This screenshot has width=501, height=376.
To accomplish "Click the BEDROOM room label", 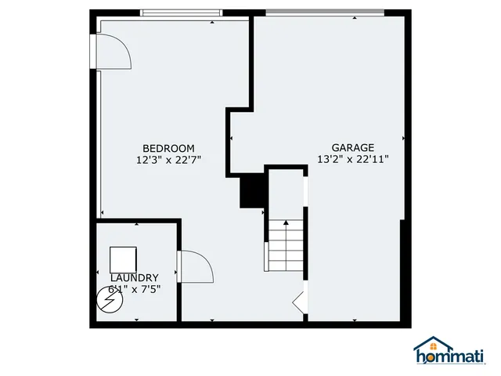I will (168, 148).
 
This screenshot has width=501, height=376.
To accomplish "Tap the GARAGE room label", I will (353, 147).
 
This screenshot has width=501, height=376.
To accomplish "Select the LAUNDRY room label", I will (135, 277).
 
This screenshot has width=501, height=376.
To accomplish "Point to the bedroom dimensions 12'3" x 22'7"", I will (168, 160).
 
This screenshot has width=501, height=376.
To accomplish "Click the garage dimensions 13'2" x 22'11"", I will (353, 159).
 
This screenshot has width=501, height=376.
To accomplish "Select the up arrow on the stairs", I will (287, 224).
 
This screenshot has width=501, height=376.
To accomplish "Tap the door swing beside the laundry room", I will (195, 266).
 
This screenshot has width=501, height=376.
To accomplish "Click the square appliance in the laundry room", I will (123, 259).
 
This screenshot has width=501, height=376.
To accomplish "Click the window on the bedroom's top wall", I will (181, 13).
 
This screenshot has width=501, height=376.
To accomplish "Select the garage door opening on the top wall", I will (325, 12).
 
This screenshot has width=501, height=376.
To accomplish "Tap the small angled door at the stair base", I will (299, 302).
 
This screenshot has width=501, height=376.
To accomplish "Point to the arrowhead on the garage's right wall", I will (403, 139).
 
